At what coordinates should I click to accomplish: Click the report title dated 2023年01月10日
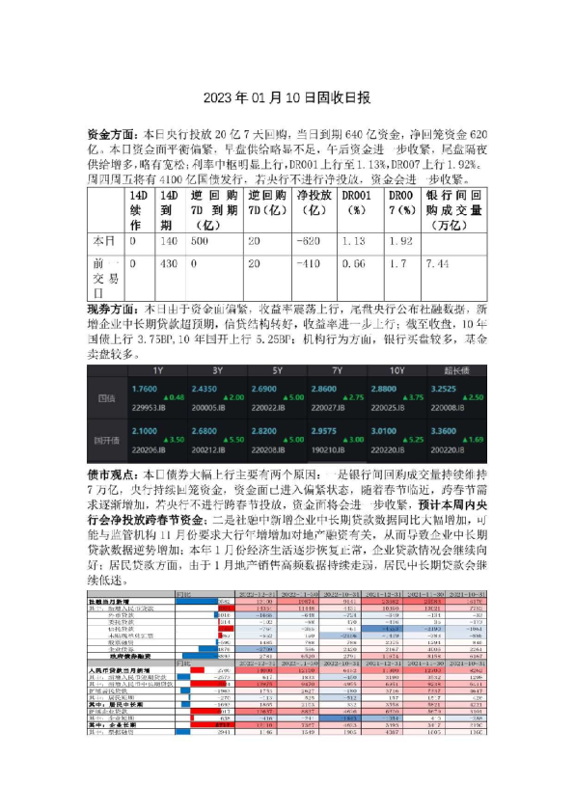[x=287, y=97]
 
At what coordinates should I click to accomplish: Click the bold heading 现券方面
[x=107, y=311]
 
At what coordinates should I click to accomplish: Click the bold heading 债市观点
[x=107, y=474]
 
